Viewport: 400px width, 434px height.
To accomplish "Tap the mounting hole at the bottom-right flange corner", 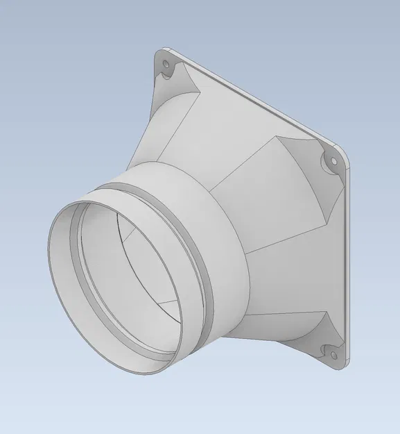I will pyautogui.click(x=332, y=356).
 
